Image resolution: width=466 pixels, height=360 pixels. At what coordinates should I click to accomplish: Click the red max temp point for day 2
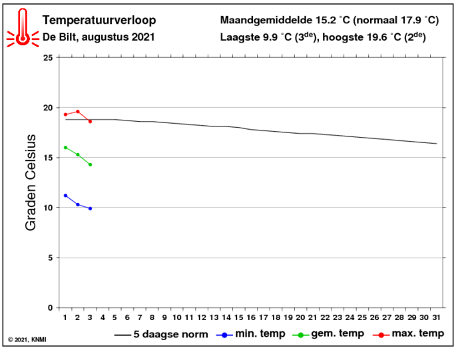(x=78, y=112)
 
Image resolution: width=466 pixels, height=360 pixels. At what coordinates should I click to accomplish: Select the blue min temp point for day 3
(x=90, y=208)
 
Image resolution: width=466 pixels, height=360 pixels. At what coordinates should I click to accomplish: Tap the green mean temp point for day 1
(x=65, y=148)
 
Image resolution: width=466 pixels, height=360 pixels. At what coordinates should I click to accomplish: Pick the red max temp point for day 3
(x=90, y=122)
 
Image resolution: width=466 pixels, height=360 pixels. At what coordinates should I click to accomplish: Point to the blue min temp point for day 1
(x=65, y=196)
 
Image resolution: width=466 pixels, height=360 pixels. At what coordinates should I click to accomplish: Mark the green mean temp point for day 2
(x=78, y=154)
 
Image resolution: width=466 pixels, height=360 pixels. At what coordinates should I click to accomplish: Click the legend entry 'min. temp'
(x=251, y=334)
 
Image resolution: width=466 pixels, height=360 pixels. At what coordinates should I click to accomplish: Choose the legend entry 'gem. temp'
(x=328, y=334)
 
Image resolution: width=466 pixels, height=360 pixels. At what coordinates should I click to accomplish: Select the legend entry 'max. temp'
(x=408, y=334)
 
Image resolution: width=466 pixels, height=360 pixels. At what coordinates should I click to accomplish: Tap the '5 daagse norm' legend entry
(x=161, y=335)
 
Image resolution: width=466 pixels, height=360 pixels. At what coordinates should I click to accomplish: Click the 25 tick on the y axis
(x=48, y=58)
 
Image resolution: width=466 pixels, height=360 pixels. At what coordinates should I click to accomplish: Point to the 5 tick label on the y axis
(x=51, y=258)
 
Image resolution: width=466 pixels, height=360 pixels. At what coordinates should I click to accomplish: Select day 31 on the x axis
(x=436, y=317)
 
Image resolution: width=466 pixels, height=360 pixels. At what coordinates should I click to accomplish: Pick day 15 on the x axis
(x=238, y=317)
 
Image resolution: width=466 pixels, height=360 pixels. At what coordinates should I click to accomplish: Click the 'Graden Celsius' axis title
(x=31, y=183)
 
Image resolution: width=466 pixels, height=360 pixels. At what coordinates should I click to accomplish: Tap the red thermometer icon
(x=23, y=28)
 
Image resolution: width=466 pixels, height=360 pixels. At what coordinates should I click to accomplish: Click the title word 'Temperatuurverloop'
(x=99, y=20)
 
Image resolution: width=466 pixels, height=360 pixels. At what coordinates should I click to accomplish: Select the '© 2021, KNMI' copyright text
(x=27, y=339)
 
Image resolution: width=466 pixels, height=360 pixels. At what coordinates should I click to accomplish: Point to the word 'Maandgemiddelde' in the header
(x=266, y=21)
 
